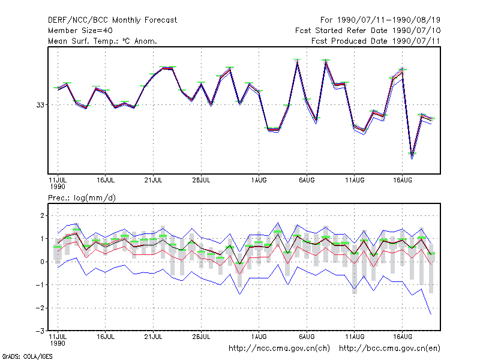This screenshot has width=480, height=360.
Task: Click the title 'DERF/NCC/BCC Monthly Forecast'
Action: click(x=112, y=20)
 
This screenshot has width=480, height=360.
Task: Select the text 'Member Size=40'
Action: click(x=80, y=31)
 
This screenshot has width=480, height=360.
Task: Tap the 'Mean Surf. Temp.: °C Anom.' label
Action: click(x=103, y=41)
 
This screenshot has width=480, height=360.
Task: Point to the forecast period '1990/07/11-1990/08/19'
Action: click(x=389, y=20)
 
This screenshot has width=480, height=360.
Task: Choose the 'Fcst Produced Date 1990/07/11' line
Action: click(x=376, y=41)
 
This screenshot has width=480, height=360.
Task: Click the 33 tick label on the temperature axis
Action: click(x=40, y=105)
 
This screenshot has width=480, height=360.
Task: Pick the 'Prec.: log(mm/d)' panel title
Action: click(x=82, y=198)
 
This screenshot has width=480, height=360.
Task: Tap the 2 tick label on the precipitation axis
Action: click(x=42, y=215)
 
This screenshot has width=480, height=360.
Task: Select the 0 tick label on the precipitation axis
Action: click(x=42, y=262)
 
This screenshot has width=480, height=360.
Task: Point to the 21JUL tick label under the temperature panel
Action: click(x=153, y=181)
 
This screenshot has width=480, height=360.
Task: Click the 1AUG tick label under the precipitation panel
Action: click(x=259, y=337)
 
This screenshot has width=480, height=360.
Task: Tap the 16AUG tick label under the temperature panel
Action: click(x=402, y=181)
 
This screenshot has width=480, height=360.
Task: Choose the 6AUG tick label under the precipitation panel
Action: click(x=307, y=337)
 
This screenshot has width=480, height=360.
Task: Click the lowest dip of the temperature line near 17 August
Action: click(x=412, y=159)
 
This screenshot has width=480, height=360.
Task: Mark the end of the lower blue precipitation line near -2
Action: click(x=431, y=314)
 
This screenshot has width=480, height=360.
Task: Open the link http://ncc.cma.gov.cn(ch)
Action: click(x=279, y=349)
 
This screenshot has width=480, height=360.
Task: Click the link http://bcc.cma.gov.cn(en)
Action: click(x=389, y=349)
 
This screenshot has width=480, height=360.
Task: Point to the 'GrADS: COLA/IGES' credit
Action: click(x=27, y=356)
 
